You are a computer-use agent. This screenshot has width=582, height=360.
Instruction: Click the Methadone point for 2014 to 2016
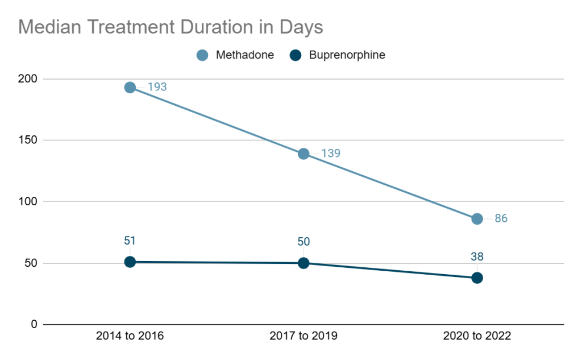(130, 88)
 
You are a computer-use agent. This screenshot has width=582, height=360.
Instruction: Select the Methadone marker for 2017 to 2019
(304, 154)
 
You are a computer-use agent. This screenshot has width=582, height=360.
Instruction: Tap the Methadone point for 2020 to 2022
(477, 219)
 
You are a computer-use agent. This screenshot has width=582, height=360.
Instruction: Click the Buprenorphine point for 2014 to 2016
(130, 262)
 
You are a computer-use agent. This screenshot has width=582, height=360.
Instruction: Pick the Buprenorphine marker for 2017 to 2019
(304, 263)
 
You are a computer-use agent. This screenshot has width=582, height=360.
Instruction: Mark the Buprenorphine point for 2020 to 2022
(477, 278)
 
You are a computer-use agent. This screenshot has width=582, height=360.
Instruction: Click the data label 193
(157, 88)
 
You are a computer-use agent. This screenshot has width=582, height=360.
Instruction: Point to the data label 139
(331, 154)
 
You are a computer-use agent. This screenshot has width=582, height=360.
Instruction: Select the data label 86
(501, 219)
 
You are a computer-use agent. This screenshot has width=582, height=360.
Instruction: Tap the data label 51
(130, 241)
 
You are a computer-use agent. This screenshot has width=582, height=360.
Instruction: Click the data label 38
(477, 256)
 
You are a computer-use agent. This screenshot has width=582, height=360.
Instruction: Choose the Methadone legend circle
(202, 55)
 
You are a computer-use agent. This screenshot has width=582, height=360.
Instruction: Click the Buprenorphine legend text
(347, 55)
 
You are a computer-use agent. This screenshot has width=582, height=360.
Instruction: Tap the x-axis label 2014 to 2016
(130, 336)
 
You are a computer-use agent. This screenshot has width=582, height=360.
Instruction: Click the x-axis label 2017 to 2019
(304, 336)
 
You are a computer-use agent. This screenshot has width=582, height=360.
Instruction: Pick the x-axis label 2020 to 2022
(477, 336)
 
